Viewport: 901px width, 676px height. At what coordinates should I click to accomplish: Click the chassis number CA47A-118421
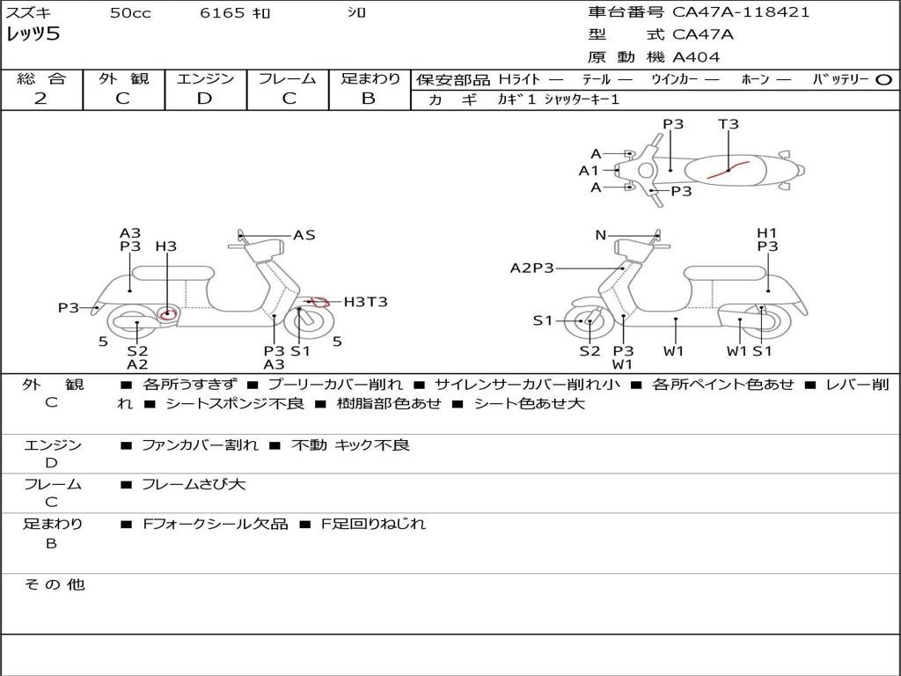tap(741, 12)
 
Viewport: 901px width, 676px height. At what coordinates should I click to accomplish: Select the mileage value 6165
tap(223, 13)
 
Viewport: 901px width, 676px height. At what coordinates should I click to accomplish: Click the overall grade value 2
tap(40, 99)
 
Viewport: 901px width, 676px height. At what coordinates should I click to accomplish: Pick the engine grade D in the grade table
tap(205, 99)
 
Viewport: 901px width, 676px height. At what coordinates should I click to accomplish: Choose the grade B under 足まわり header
tap(369, 99)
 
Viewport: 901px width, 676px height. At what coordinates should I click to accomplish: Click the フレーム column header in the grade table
tap(287, 79)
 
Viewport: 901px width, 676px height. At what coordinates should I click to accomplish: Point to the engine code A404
tap(696, 57)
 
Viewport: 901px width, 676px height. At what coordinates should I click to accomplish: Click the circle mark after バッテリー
tap(884, 79)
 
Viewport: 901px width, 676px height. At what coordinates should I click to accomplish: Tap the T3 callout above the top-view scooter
tap(729, 124)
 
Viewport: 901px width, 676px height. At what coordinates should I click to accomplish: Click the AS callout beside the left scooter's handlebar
tap(304, 235)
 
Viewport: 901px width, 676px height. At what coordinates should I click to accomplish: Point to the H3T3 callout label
tap(365, 302)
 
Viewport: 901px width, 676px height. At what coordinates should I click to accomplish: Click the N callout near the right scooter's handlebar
tap(601, 235)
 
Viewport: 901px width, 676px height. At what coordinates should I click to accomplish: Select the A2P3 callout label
tap(532, 268)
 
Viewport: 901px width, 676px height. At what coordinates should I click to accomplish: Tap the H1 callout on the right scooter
tap(767, 233)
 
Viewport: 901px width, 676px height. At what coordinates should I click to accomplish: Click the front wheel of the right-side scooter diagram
tap(589, 322)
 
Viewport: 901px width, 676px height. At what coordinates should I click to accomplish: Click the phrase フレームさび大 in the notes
tap(194, 484)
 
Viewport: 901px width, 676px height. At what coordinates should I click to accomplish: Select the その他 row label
tap(54, 584)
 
